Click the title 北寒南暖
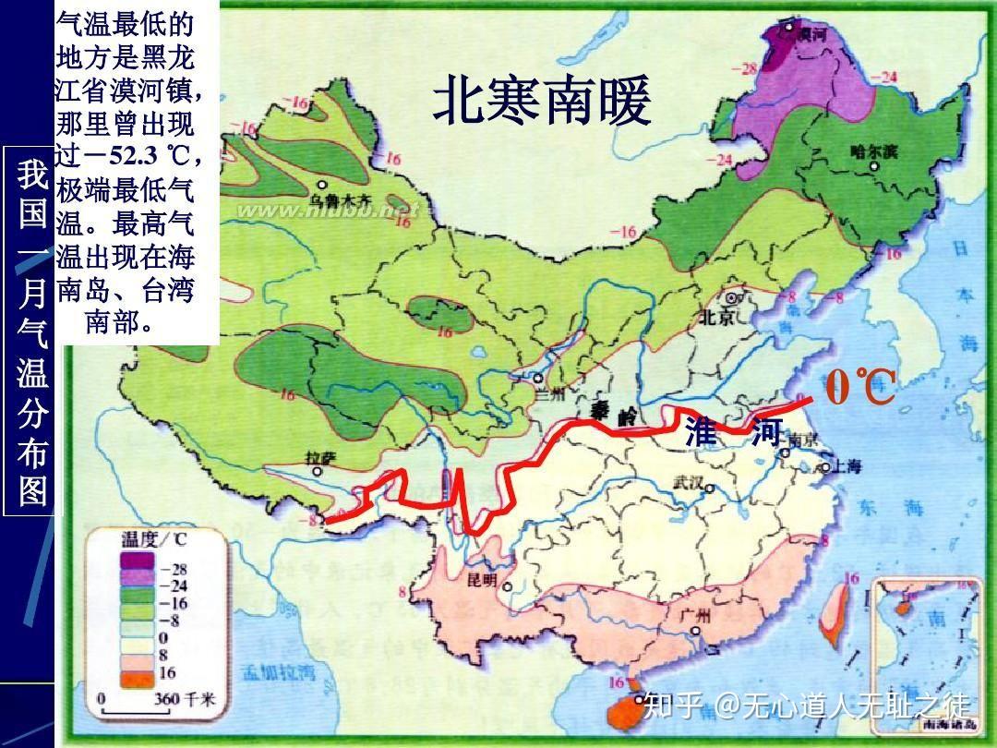(542, 101)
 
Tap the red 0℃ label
(860, 387)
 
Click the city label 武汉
(689, 482)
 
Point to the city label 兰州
(551, 392)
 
